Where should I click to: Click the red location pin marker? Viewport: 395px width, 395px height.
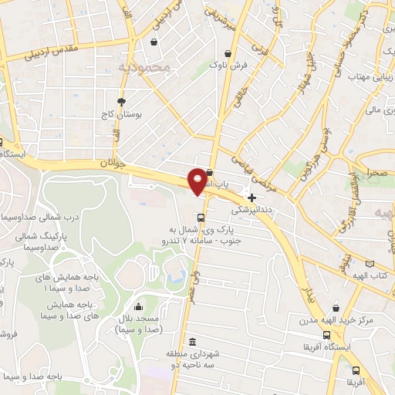[197, 180]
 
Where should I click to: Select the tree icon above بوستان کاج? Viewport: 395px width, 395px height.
[121, 101]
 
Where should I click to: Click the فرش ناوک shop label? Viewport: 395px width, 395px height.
[228, 66]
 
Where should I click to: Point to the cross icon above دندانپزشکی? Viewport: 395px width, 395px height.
[252, 197]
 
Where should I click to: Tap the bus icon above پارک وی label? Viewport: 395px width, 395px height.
[201, 217]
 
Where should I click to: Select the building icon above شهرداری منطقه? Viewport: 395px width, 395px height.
[192, 342]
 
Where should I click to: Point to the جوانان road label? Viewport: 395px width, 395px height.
[111, 164]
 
